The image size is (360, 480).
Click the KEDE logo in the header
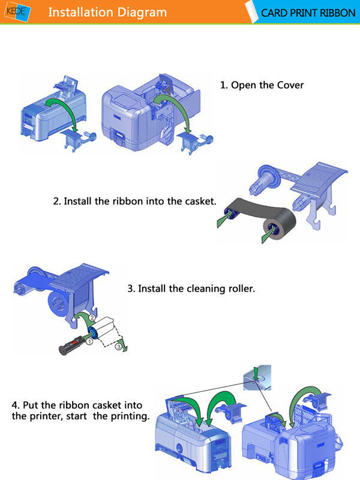18,12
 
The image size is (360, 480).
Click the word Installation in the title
81,12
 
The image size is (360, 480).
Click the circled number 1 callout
89,341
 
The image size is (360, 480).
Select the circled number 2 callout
92,317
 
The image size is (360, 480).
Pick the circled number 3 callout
118,347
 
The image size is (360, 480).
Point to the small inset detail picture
257,377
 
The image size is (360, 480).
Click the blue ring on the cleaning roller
92,333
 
